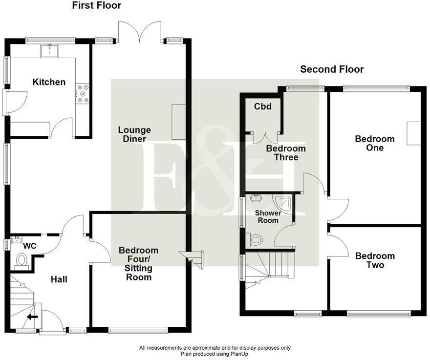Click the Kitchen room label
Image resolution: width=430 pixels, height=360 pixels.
coord(49,82)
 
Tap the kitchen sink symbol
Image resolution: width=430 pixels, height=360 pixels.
coord(50,51)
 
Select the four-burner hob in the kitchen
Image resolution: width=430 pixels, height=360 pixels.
coord(83,93)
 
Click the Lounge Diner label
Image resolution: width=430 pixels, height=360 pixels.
coord(134,134)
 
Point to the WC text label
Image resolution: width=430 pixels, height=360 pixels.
coord(30,246)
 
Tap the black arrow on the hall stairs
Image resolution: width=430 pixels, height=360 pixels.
coord(32,317)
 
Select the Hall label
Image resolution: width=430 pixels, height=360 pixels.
coord(59,279)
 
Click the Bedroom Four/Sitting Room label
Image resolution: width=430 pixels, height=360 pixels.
coord(138,263)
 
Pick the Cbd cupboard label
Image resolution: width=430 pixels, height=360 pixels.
coord(263,106)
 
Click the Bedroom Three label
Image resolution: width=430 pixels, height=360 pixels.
coord(286,153)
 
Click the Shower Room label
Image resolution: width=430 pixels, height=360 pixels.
coord(268,216)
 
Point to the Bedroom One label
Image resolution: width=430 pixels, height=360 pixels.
coord(375,143)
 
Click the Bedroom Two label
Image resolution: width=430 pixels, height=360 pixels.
coord(375,260)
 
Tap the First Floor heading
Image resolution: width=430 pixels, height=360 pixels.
coord(97,5)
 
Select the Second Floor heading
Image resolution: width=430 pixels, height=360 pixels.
coord(332,69)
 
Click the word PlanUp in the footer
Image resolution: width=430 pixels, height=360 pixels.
coord(238,354)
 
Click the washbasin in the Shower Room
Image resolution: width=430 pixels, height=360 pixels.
coord(256,198)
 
